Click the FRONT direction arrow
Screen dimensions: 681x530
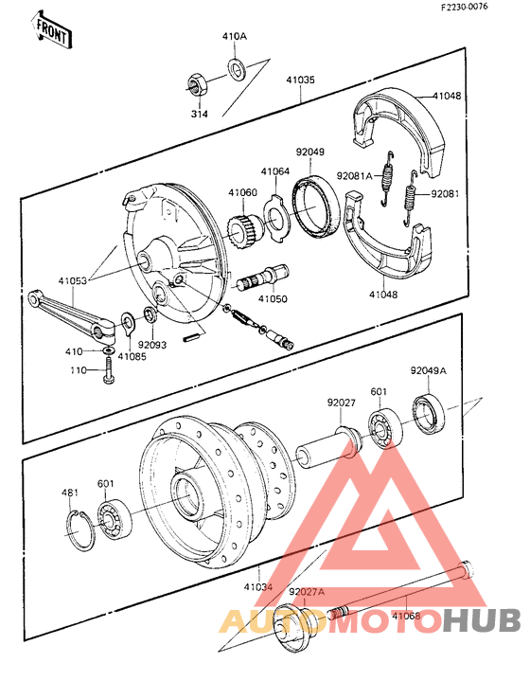click(x=52, y=30)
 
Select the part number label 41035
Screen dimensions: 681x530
click(x=300, y=81)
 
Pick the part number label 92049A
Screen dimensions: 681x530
click(x=427, y=372)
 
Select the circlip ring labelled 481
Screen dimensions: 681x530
click(x=80, y=530)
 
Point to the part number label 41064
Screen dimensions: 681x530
click(x=275, y=171)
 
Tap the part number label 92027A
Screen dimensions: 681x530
click(x=307, y=591)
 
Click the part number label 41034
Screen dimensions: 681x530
click(x=258, y=587)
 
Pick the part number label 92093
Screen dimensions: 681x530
click(x=152, y=346)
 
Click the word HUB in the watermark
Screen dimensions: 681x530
click(x=483, y=621)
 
